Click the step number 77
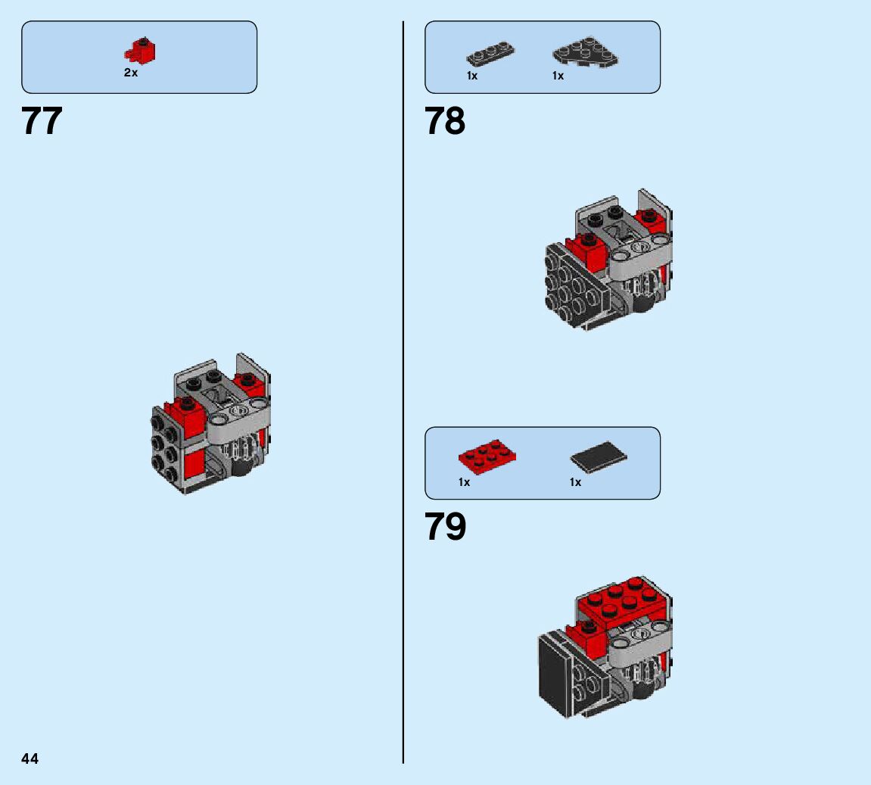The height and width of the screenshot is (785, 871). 42,121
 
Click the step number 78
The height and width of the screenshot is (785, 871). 445,121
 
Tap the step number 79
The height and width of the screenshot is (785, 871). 445,527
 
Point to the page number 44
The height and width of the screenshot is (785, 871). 30,759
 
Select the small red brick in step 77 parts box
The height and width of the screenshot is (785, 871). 140,51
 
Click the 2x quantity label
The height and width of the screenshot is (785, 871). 131,73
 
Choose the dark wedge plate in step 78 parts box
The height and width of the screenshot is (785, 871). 584,51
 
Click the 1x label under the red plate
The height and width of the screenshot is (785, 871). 464,482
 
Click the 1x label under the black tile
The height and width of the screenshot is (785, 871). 575,482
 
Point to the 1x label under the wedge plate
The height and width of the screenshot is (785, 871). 558,76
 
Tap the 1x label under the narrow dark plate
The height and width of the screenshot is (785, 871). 472,76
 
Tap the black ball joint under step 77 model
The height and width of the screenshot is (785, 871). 243,466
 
